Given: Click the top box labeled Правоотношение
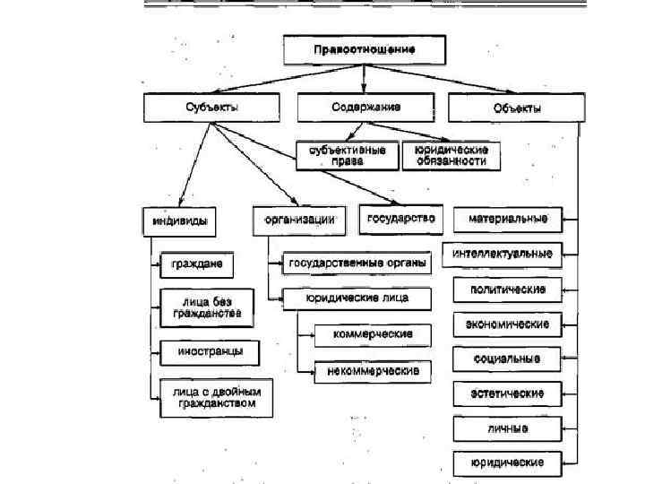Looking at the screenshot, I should [x=365, y=49].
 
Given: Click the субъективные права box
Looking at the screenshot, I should [x=348, y=155].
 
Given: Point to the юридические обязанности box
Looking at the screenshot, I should [x=451, y=155].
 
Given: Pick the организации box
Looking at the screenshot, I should [x=299, y=219].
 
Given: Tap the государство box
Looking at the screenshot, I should [x=400, y=219].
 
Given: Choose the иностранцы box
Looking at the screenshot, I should [x=209, y=351].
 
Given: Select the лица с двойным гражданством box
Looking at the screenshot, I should [x=215, y=397].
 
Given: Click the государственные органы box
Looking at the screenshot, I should [x=357, y=264].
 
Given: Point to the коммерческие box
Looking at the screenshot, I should [x=372, y=334].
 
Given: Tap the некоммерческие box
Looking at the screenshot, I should [x=372, y=368].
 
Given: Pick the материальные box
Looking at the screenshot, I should [x=507, y=219].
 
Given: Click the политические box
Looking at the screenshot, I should [x=507, y=290].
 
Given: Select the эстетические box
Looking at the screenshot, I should [x=507, y=393].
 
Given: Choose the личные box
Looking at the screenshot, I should [x=507, y=428].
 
